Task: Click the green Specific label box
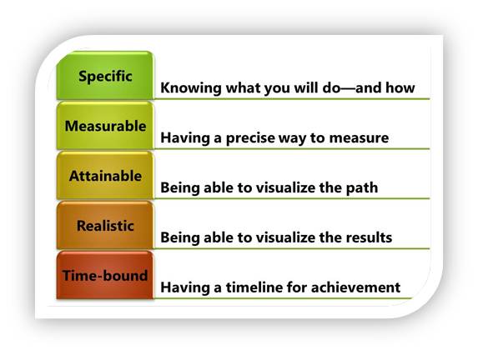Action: pyautogui.click(x=105, y=76)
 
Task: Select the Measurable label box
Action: pyautogui.click(x=105, y=126)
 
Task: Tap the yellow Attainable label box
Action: pyautogui.click(x=105, y=176)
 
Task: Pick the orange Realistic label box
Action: pyautogui.click(x=105, y=226)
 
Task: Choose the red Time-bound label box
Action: pyautogui.click(x=105, y=276)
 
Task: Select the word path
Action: pyautogui.click(x=362, y=187)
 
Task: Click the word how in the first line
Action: pyautogui.click(x=401, y=87)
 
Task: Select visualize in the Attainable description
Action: pyautogui.click(x=279, y=187)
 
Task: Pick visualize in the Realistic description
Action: pyautogui.click(x=279, y=237)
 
